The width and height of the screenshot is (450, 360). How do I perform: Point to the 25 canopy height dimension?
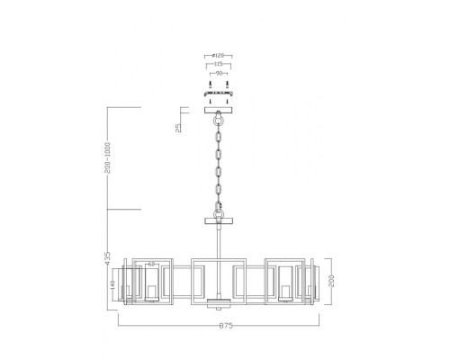(x=179, y=128)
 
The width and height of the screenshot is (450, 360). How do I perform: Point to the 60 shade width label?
(x=151, y=264)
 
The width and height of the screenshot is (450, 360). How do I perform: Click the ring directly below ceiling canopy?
(x=218, y=119)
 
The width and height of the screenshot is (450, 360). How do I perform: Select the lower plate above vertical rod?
(x=218, y=220)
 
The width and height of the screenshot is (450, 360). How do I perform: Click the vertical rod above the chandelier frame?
(x=218, y=241)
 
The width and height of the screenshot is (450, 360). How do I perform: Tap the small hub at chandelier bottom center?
(x=218, y=301)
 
